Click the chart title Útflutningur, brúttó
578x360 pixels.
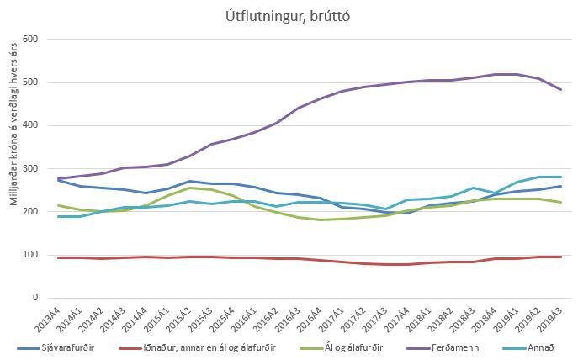coord(289,14)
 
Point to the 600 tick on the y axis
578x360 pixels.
coord(30,40)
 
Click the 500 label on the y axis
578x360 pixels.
coord(30,82)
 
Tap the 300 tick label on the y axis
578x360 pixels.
coord(30,168)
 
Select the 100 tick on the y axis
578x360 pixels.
coord(30,255)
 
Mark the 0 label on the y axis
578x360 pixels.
coord(35,298)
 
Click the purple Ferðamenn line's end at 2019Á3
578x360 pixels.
coord(562,89)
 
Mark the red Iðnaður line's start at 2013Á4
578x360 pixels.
coord(57,257)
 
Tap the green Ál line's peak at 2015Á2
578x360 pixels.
coord(189,188)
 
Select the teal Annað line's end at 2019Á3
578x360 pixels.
coord(562,177)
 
